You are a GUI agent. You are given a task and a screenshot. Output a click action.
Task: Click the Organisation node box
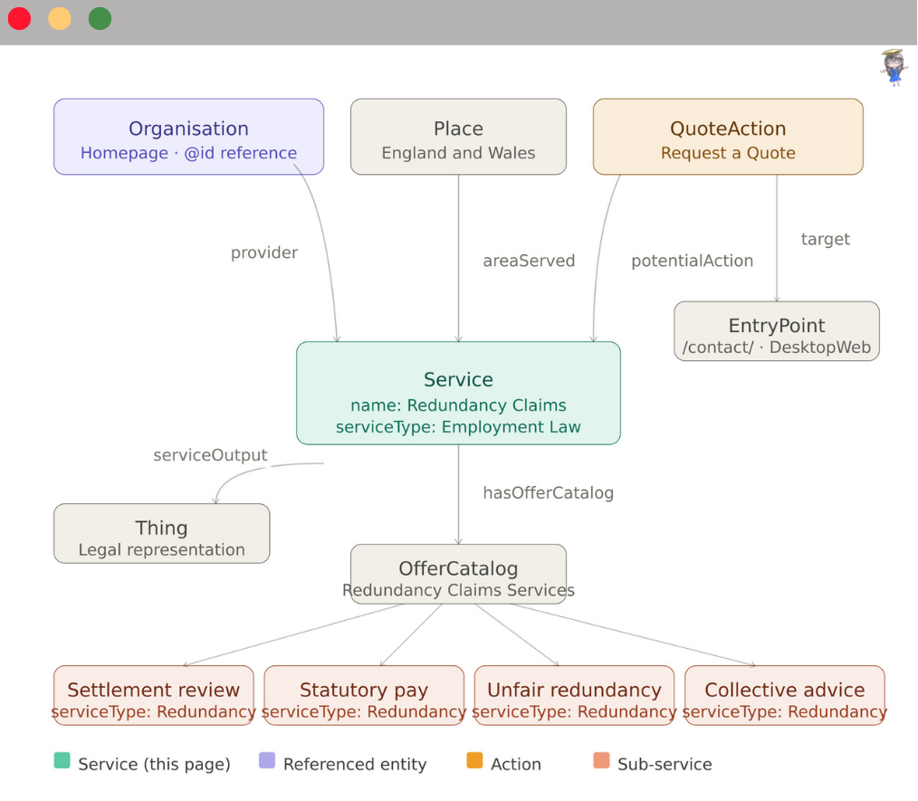coord(188,137)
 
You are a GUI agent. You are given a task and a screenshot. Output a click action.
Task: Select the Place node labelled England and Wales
coord(458,137)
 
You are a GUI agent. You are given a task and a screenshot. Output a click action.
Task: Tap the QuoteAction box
coord(728,137)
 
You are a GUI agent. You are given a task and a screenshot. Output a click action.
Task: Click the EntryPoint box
coord(777,331)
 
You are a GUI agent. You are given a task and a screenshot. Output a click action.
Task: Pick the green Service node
coord(458,393)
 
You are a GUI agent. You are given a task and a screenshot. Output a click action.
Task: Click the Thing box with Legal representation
coord(161,534)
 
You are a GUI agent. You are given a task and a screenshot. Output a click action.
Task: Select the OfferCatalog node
coord(458,574)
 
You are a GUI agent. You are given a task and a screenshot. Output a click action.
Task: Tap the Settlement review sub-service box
coord(153,696)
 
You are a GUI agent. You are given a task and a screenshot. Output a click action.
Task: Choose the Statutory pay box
coord(364,696)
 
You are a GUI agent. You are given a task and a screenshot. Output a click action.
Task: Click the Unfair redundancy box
coord(574,696)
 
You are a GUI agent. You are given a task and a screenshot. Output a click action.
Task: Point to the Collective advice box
coord(784,696)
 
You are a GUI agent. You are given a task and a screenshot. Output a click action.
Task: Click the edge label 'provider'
coord(264,253)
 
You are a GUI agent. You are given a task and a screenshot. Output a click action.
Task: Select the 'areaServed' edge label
coord(529,261)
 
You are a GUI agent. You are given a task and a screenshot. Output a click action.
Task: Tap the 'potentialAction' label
coord(692,261)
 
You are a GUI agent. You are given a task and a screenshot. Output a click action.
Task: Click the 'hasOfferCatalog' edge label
coord(548,493)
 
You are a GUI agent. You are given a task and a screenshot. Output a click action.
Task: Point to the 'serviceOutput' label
coord(210,455)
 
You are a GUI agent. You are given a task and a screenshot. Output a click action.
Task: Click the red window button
coord(20,18)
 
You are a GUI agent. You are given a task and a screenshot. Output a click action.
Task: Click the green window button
coord(100,18)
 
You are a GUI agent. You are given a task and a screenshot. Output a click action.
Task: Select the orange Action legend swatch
coord(474,761)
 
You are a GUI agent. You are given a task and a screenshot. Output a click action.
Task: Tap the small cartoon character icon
coord(894,67)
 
